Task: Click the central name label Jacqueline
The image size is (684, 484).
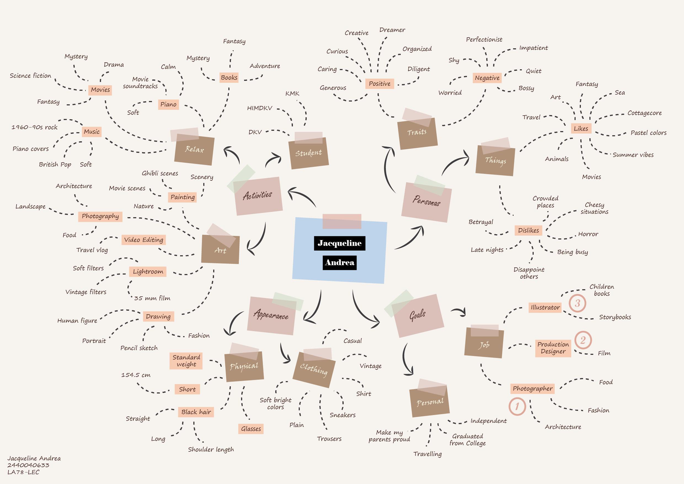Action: [339, 243]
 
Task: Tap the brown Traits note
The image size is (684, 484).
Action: [417, 133]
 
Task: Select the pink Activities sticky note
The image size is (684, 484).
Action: [258, 196]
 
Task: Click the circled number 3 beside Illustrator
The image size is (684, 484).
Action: [577, 303]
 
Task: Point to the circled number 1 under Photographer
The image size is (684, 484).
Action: [517, 406]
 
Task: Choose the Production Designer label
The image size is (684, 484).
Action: [553, 348]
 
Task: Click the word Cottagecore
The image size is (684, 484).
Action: [644, 113]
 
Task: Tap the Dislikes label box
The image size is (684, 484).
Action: [528, 230]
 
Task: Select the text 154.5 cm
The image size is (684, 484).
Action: [136, 375]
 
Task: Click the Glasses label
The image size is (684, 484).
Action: [251, 429]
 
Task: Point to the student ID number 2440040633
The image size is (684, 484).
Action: [28, 465]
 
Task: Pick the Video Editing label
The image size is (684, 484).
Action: [144, 240]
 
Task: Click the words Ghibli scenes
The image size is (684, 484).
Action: [160, 174]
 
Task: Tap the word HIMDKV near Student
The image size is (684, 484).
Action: [260, 108]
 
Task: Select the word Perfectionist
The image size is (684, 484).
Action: [484, 40]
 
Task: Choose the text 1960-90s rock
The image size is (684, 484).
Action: [34, 127]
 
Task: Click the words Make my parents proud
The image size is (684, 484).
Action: [389, 436]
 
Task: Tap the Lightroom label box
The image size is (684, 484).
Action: [148, 272]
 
